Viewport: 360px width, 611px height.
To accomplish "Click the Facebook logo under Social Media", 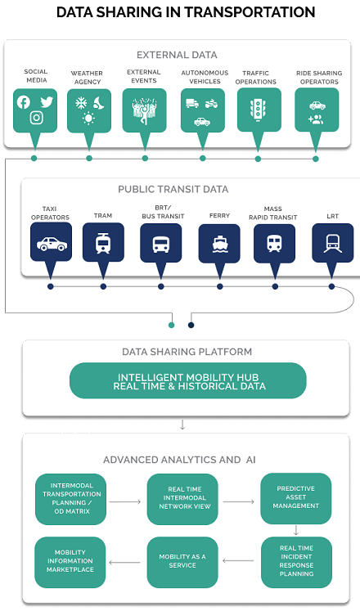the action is coord(24,102).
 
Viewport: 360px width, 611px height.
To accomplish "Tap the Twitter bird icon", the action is coord(47,102).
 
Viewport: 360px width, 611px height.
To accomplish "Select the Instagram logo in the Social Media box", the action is coord(36,117).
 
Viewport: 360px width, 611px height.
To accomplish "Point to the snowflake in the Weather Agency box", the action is coord(81,103).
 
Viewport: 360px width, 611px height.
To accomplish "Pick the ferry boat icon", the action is coord(219,244).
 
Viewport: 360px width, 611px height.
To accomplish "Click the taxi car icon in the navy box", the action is coord(52,244).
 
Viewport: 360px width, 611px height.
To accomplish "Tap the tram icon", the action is coord(103,243).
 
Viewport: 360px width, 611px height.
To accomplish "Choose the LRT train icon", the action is coord(332,244).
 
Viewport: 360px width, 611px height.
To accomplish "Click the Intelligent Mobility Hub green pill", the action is coord(188,380).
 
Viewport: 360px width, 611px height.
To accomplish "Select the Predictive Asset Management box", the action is coord(295,498).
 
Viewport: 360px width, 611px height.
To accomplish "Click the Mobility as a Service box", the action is coord(182,562).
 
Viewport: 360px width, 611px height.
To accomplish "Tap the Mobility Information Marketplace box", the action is coord(70,562).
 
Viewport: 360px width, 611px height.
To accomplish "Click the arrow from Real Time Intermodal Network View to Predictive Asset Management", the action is coord(239,501).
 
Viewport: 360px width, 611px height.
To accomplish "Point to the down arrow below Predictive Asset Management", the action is coord(296,530).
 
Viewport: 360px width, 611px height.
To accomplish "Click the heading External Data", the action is coord(177,55).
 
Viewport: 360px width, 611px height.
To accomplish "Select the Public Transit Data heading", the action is coord(173,190).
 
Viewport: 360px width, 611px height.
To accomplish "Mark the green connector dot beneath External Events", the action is coord(145,158).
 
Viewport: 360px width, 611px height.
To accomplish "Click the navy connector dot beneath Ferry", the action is coord(220,286).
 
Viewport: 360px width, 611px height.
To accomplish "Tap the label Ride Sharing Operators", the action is coord(319,77).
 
